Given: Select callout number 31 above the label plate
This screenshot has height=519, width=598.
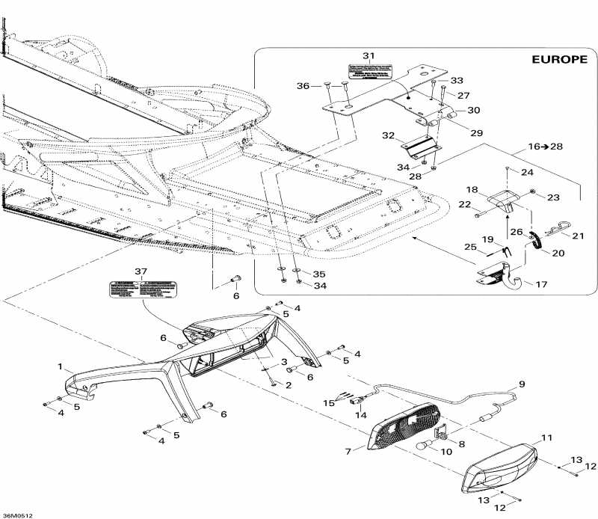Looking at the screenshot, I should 368,56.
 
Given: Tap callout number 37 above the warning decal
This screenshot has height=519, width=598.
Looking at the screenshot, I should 140,270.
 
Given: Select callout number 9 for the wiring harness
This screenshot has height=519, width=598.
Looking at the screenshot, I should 521,384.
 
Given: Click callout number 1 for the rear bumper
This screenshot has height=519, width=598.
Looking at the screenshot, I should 61,367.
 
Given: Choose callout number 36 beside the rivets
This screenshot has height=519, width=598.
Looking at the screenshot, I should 303,86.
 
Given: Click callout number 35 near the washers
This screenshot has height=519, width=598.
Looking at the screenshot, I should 319,274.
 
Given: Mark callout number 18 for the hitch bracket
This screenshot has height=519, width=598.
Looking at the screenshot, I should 472,190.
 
